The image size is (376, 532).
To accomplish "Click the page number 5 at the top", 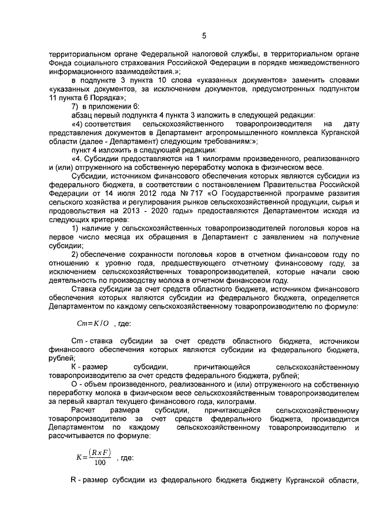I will point(204,36).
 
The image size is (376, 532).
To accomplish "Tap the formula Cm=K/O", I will point(93,323).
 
